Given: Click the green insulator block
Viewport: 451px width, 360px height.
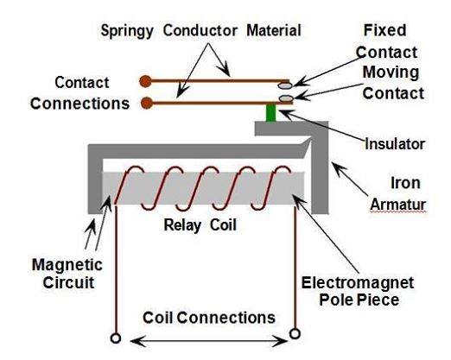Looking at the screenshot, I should point(270,113).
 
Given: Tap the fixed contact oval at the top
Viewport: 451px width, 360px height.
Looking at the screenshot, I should point(286,85).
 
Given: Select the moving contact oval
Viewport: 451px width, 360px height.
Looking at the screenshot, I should point(286,100).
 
